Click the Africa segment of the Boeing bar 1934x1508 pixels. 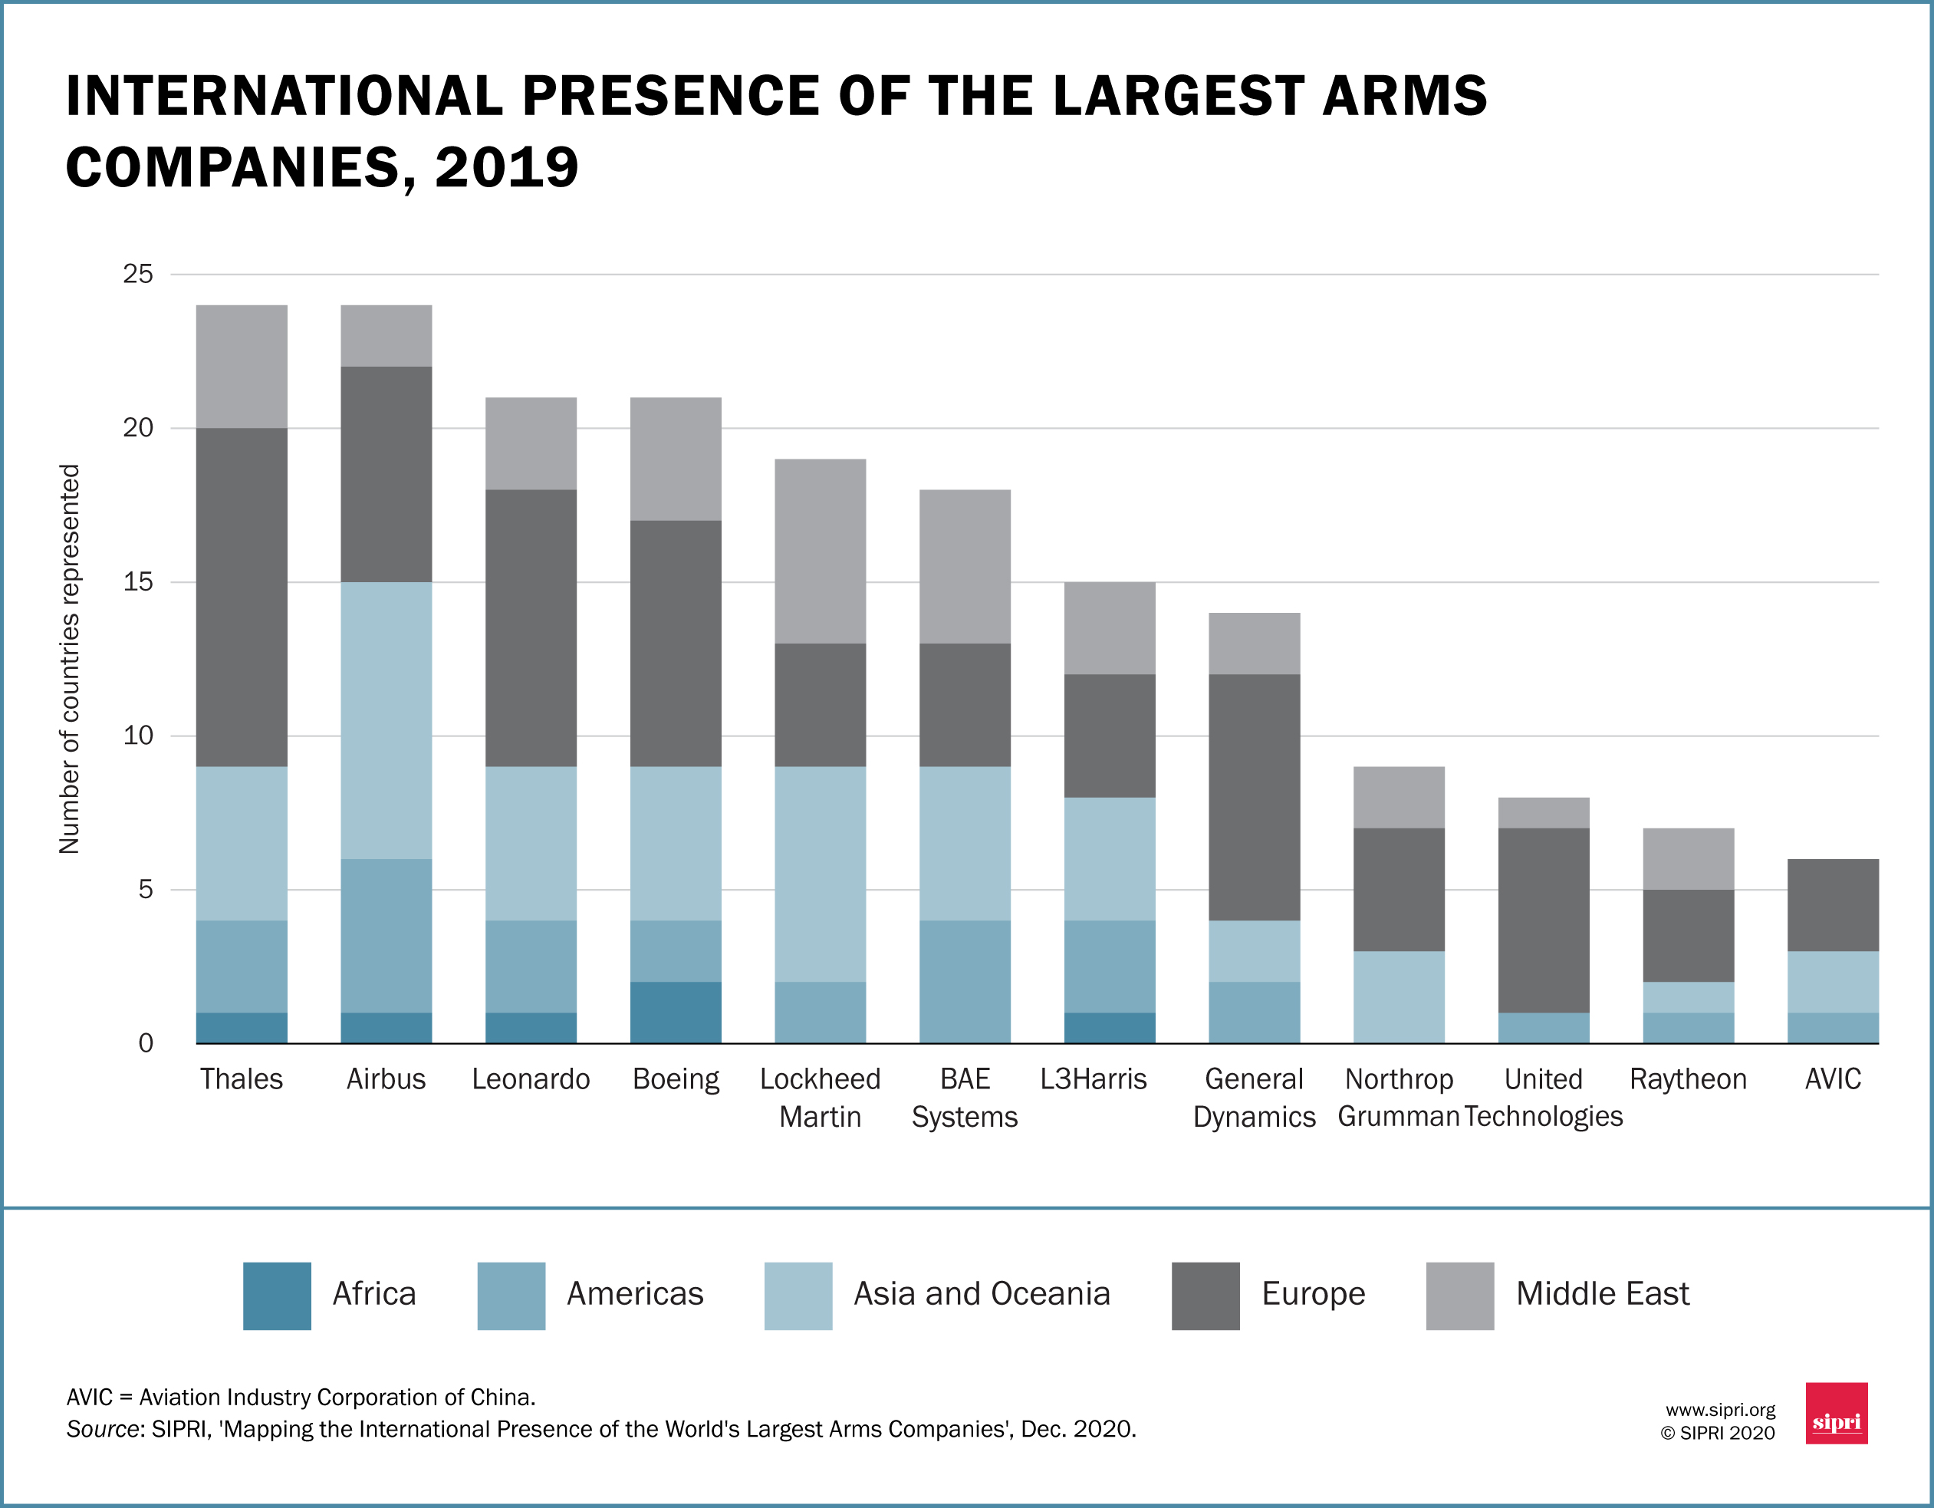[x=676, y=1012]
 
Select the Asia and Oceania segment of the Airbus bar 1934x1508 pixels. [x=386, y=720]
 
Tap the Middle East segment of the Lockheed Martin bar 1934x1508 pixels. [x=820, y=551]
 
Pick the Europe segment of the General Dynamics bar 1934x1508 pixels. [x=1254, y=797]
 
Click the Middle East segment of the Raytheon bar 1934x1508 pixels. [x=1688, y=858]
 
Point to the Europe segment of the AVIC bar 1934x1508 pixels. [x=1833, y=904]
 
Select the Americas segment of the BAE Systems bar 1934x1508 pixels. [x=965, y=981]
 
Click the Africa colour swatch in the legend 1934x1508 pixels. [x=277, y=1296]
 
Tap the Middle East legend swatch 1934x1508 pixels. [x=1459, y=1296]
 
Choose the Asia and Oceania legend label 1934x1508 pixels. [x=981, y=1294]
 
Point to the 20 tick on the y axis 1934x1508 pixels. [x=138, y=428]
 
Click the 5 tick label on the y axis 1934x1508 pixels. [x=145, y=889]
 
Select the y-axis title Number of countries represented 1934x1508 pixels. [x=69, y=659]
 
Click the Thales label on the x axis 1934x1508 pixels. [x=241, y=1078]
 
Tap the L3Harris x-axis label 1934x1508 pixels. [x=1093, y=1078]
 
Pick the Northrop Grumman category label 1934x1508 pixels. [x=1398, y=1097]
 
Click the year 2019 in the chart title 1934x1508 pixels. [x=507, y=167]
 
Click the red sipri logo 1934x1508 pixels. [x=1836, y=1412]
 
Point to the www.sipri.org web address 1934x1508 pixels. [x=1720, y=1410]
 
